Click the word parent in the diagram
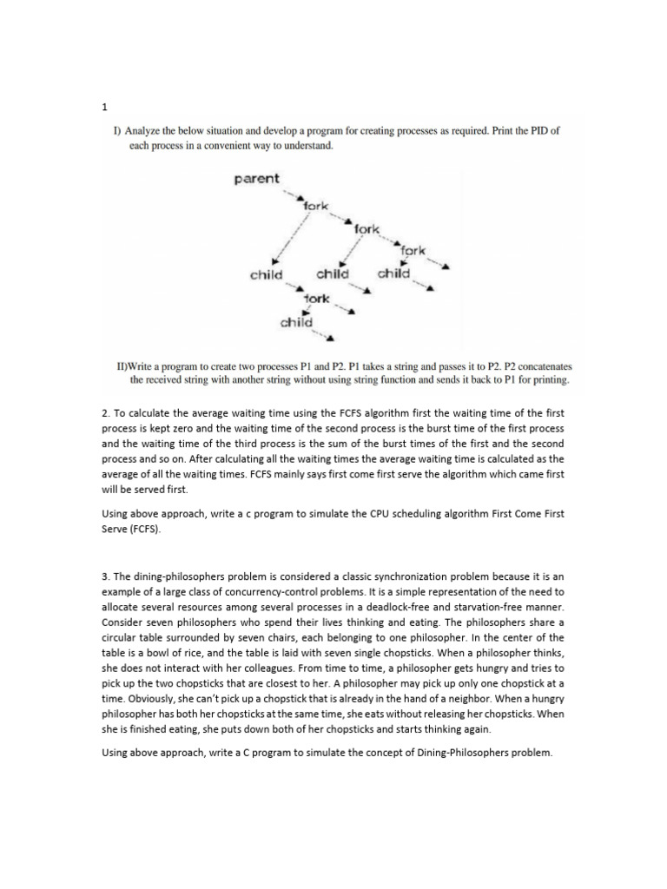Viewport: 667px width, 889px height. [256, 179]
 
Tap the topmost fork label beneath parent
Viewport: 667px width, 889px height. [315, 206]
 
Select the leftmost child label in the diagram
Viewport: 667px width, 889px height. [266, 274]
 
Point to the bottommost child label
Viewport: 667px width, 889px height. [296, 323]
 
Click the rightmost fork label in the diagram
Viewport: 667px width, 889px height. [413, 251]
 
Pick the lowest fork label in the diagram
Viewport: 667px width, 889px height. [316, 299]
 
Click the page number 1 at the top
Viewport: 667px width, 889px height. [104, 108]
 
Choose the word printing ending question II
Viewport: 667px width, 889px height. [549, 379]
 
